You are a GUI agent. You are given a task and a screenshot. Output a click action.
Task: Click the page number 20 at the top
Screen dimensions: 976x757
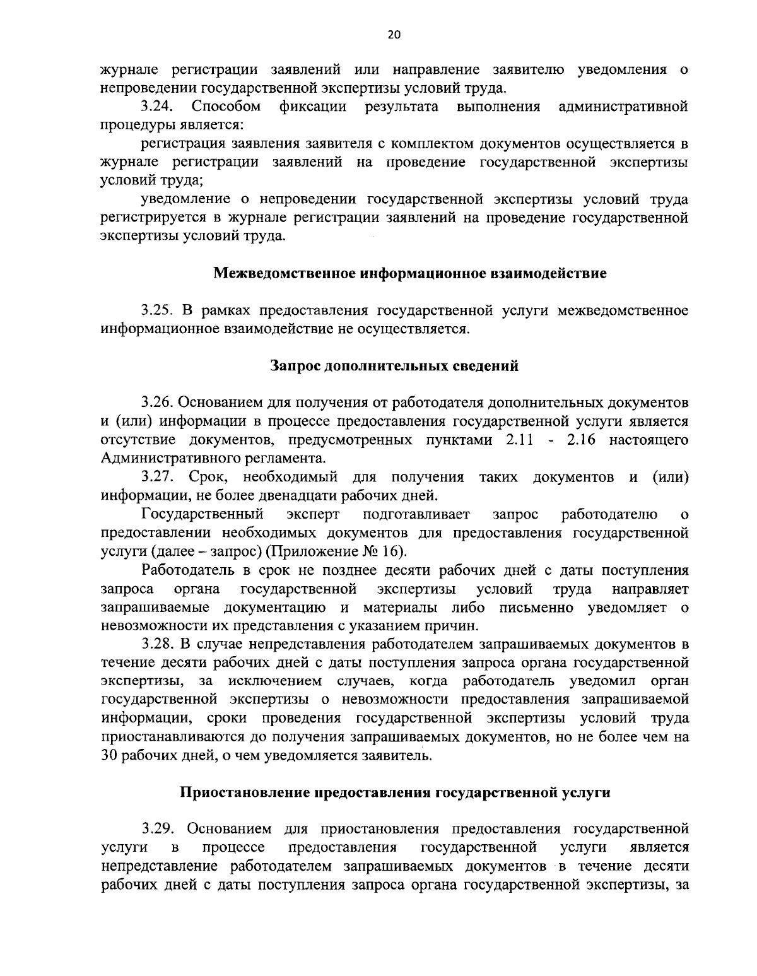394,35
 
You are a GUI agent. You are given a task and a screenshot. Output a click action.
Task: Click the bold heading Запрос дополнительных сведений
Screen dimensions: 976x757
394,366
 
